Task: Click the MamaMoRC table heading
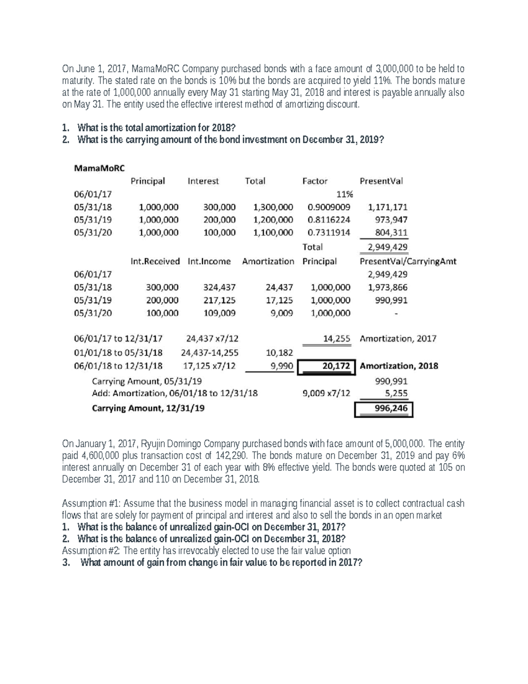tap(99, 168)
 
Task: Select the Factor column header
tap(315, 181)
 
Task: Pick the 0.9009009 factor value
tap(329, 207)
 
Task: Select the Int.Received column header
tap(155, 261)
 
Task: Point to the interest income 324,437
tap(219, 288)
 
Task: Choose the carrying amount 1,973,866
tap(388, 288)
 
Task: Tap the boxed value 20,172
tap(336, 366)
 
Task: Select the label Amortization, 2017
tap(398, 339)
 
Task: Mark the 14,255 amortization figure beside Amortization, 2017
tap(337, 339)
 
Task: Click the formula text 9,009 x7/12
tap(326, 393)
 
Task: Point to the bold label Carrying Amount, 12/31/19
tap(148, 408)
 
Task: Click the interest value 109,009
tap(219, 313)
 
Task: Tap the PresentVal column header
tap(381, 181)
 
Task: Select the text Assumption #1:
tap(88, 503)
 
